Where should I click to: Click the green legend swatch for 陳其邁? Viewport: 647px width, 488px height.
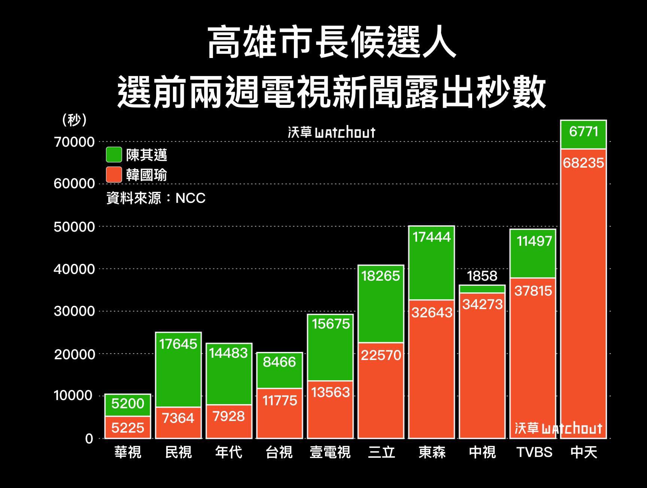coord(114,155)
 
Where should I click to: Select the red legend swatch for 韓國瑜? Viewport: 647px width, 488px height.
coord(114,175)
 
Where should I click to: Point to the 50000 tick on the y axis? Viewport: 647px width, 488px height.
coord(74,227)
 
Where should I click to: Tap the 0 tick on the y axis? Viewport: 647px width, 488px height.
coord(89,439)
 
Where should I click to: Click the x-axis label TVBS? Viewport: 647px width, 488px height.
coord(534,452)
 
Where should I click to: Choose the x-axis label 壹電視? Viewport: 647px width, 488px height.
coord(330,452)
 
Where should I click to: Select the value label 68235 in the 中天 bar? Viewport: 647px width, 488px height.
coord(583,163)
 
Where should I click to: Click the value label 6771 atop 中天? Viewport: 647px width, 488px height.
coord(583,132)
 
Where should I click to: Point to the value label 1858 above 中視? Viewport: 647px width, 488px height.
coord(482,276)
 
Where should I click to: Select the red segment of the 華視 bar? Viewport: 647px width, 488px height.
coord(128,427)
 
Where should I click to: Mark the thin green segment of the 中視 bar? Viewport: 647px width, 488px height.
coord(482,289)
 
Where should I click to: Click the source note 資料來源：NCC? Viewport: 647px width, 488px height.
coord(156,198)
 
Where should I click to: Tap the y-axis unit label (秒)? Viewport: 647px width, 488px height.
coord(75,120)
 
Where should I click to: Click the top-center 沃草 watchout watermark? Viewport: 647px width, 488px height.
coord(331,132)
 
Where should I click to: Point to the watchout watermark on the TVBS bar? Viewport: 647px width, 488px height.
coord(558,428)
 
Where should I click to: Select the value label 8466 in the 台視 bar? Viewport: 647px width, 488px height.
coord(279,362)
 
